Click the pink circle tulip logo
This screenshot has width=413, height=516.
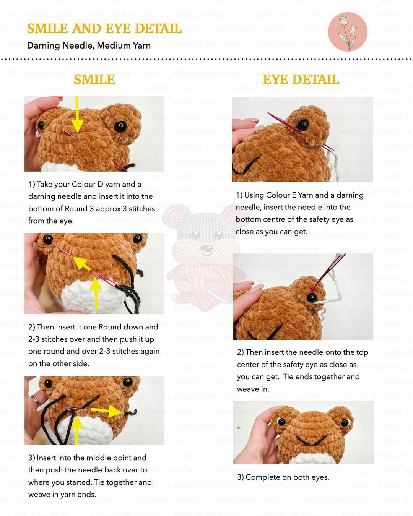tap(348, 32)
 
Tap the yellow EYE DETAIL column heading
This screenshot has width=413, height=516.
tap(301, 80)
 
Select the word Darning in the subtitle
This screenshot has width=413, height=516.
tap(43, 45)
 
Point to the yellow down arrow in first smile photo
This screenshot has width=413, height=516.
tap(77, 114)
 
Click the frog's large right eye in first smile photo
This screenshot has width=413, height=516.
tap(120, 127)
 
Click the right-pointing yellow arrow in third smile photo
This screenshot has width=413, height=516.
tap(107, 411)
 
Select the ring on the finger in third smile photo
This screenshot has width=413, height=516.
tap(35, 401)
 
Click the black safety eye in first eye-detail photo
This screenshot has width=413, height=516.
tap(302, 125)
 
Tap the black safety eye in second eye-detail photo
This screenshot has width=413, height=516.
tap(312, 297)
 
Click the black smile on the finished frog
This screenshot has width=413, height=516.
tap(312, 440)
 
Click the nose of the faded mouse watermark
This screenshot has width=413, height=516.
tap(206, 247)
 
